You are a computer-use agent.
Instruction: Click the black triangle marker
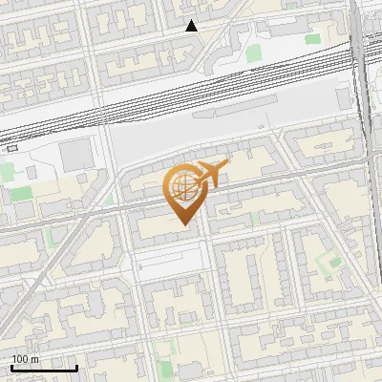[192, 26]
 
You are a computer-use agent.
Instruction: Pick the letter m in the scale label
[36, 358]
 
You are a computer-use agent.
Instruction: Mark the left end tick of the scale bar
[11, 367]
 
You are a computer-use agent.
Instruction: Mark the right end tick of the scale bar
[77, 367]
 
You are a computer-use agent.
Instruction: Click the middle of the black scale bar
[44, 368]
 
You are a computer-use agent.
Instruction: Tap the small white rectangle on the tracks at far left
[11, 147]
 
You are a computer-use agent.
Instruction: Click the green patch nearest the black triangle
[254, 53]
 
